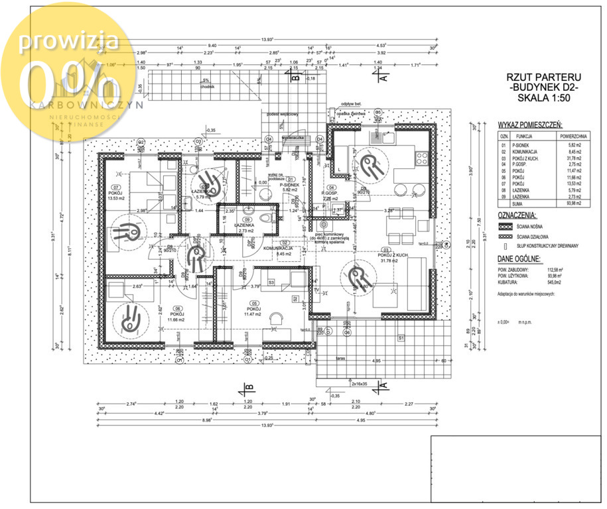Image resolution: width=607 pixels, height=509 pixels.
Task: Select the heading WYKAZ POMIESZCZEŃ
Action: pyautogui.click(x=530, y=124)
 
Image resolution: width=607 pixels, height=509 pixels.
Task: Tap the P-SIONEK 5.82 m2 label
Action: pyautogui.click(x=291, y=186)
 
